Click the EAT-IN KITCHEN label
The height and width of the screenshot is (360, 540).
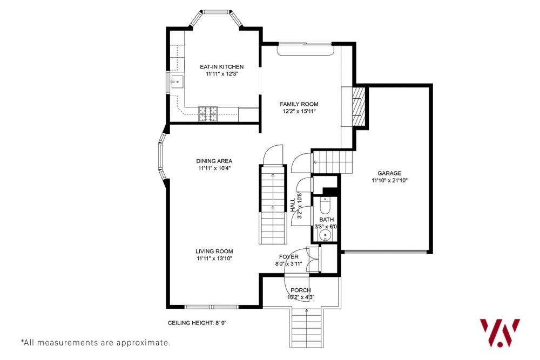coord(221,67)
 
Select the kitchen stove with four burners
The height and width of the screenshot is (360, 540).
coord(208,113)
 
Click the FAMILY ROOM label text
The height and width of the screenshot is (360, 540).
coord(299,104)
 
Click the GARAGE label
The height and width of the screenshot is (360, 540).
coord(389,173)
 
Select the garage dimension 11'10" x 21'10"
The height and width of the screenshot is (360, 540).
coord(389,181)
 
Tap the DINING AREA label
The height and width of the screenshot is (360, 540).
coord(214,161)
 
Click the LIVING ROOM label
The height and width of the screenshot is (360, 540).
coord(214,251)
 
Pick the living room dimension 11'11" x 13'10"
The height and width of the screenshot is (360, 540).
coord(214,259)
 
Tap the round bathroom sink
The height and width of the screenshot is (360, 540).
coord(325,236)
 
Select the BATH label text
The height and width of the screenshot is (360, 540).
coord(326,220)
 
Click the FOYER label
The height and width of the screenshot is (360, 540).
coord(288,257)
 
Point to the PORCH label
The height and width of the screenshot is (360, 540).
coord(301,290)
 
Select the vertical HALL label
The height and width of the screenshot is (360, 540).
coord(293,203)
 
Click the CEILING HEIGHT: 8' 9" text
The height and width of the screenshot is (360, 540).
coord(197,323)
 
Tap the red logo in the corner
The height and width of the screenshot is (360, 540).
coord(500,332)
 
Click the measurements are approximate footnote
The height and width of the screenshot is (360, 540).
coord(96,342)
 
